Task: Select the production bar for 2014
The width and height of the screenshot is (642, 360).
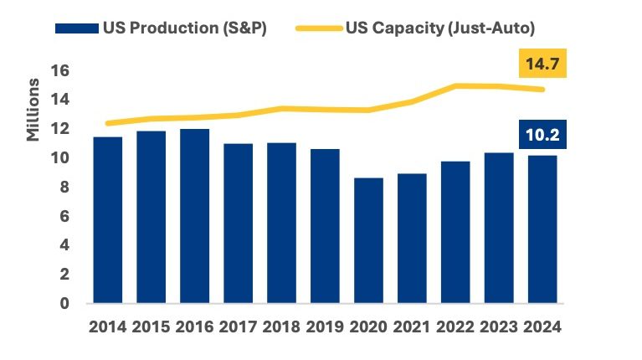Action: click(108, 219)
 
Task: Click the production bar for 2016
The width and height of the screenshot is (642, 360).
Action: click(195, 216)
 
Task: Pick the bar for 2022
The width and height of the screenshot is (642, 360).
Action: click(455, 232)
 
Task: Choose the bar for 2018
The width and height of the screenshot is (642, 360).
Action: click(281, 223)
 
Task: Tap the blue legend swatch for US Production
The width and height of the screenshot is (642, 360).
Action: click(76, 28)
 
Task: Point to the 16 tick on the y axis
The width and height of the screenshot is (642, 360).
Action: click(59, 70)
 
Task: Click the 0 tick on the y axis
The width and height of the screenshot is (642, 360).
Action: click(64, 303)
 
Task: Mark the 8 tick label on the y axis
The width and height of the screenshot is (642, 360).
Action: click(64, 187)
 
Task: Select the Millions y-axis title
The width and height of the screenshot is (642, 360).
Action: click(33, 110)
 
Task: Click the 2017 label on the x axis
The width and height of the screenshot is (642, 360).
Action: click(239, 327)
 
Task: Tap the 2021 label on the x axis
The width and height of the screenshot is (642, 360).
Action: click(412, 327)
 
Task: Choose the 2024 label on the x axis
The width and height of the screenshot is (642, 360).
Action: click(542, 327)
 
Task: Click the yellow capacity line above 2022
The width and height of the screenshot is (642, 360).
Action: click(455, 85)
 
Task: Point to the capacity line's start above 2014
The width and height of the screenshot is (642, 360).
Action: click(108, 123)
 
